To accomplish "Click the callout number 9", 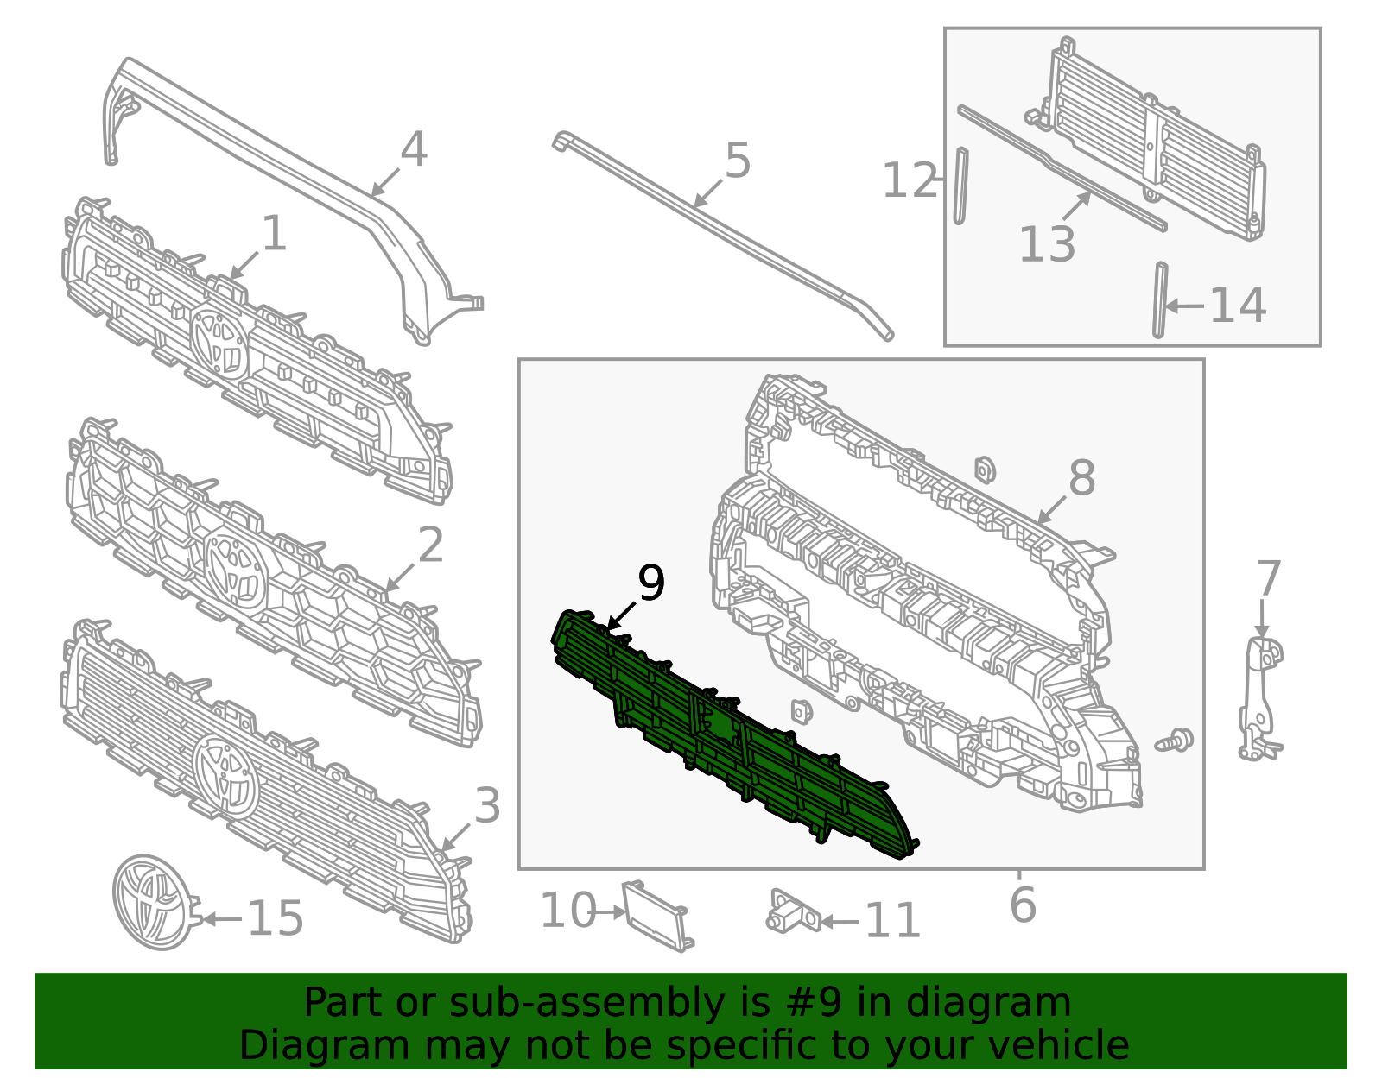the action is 650,583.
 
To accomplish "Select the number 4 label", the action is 414,150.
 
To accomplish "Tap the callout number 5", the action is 738,161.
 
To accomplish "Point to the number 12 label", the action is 910,180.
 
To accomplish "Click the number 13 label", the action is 1047,244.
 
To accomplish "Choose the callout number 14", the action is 1238,306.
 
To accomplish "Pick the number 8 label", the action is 1082,477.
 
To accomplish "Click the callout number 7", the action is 1268,579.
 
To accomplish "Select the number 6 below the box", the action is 1023,905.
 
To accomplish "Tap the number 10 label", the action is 568,910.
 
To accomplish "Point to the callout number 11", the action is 892,920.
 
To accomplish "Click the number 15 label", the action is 275,918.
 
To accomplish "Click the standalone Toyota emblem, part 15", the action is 155,902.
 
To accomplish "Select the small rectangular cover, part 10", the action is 657,916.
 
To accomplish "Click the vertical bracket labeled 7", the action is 1260,699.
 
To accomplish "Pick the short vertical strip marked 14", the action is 1160,299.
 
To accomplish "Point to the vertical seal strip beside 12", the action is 961,186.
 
